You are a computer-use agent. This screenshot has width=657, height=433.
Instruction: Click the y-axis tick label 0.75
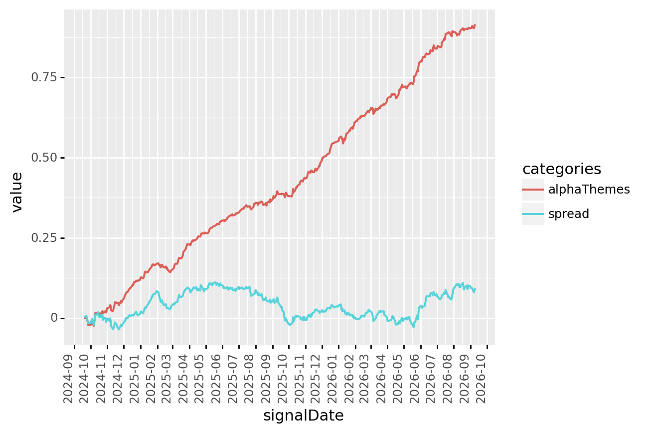44,77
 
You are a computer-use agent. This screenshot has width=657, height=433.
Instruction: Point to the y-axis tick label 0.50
44,158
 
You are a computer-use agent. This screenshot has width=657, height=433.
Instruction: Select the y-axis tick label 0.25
44,238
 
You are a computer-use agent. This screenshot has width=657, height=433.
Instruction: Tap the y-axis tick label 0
54,318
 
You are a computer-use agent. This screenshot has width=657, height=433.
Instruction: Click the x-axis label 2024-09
68,379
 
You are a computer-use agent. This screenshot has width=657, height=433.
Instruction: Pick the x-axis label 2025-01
134,379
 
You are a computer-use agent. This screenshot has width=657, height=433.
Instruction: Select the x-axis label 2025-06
216,379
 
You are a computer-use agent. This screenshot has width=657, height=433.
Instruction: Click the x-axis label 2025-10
283,379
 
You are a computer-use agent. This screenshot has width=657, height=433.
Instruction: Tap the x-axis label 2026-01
332,379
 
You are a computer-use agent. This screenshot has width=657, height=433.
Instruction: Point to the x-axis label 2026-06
414,379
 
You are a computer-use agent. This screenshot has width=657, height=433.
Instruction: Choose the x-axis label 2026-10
481,379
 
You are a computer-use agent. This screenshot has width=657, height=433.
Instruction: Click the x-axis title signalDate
303,416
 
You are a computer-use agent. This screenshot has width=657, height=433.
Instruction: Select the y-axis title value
17,192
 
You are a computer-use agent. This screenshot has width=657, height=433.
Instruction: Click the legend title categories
562,170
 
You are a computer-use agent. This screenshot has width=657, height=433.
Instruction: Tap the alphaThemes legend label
589,190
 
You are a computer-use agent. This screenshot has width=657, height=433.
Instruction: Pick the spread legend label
569,214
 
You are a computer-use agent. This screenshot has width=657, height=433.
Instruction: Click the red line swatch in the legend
533,190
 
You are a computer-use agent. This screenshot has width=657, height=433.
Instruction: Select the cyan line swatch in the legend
533,214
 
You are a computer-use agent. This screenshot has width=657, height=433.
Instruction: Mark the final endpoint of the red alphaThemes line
475,25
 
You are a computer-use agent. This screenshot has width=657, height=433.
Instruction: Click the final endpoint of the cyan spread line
475,289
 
